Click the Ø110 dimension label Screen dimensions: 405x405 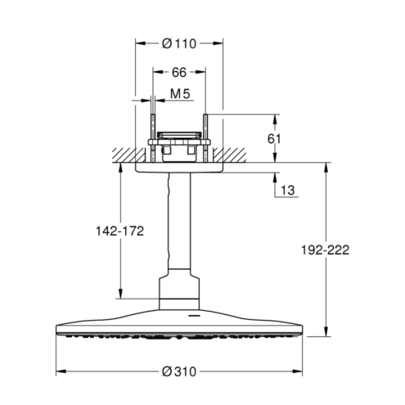coord(179,43)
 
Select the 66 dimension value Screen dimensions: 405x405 coord(179,72)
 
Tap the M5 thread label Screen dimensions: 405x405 coord(180,94)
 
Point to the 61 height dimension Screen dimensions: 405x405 coord(274,139)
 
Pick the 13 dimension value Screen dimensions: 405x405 coord(287,190)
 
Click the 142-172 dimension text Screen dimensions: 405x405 coord(119,232)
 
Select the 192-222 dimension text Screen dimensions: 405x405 coord(325,250)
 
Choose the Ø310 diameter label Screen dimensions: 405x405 coord(179,371)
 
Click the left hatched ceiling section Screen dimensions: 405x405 coord(128,155)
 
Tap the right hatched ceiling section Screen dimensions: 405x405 coord(230,155)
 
